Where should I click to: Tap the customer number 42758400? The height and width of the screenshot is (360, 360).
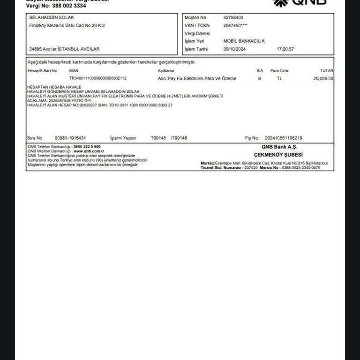pos(233,18)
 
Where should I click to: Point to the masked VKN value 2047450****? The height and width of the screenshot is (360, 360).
pos(235,26)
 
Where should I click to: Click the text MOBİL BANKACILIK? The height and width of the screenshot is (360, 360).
pos(244,41)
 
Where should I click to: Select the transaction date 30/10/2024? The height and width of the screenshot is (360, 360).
pos(235,49)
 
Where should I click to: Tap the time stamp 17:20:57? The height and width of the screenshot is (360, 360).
pos(285,49)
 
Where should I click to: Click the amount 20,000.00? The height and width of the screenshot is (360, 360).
pos(323,79)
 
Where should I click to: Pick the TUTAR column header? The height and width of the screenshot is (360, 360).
pos(327,71)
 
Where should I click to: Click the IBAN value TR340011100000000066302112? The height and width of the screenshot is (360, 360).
pos(98,79)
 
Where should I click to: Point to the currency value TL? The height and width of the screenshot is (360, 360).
pos(279,79)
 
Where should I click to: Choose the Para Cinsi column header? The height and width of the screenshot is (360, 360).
pos(279,71)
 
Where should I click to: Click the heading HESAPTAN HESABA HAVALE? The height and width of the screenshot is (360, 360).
pos(54,87)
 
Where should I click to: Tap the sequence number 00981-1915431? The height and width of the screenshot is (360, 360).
pos(70,138)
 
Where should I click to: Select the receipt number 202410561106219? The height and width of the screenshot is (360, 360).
pos(283,138)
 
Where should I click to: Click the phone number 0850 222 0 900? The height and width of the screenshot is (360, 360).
pos(87,147)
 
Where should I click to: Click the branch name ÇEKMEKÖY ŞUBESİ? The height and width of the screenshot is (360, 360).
pos(278,155)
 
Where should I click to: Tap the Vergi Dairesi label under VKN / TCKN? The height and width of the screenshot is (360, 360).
pos(197,34)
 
